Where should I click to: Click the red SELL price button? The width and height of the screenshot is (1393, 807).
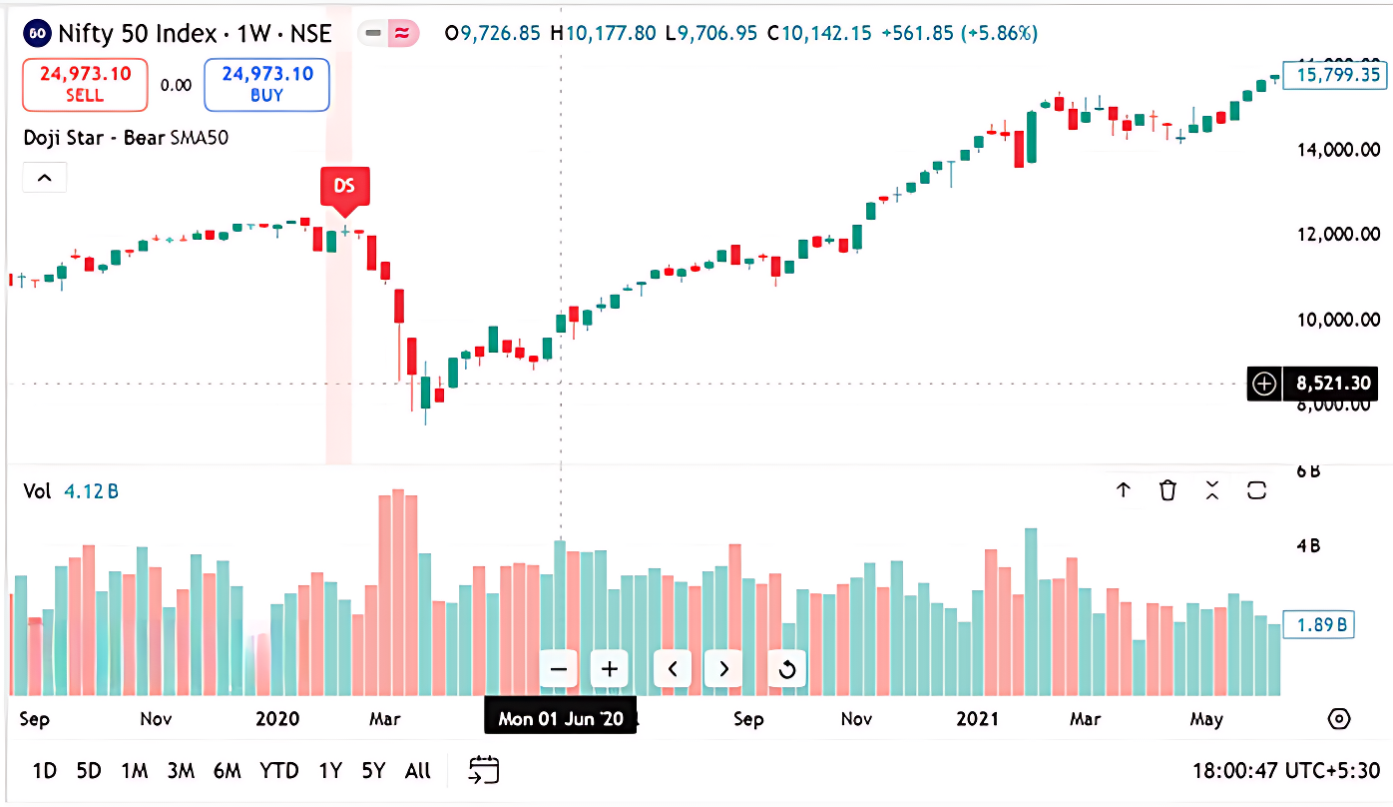point(85,84)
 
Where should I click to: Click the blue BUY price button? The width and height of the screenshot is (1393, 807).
point(266,84)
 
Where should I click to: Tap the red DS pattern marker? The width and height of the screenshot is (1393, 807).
point(344,187)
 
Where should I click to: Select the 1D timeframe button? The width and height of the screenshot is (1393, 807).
point(44,770)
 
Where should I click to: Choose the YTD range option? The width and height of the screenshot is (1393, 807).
point(279,770)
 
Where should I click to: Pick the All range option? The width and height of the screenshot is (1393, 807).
point(418,770)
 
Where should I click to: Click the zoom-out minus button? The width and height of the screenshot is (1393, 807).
point(559,669)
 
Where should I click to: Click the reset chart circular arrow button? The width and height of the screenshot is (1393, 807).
point(786,669)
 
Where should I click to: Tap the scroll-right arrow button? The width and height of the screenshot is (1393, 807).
point(724,669)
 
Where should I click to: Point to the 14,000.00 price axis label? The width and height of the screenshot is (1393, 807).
point(1338,150)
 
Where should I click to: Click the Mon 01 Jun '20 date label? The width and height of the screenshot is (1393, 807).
point(560,718)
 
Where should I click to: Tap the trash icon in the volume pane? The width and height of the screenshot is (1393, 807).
point(1167,490)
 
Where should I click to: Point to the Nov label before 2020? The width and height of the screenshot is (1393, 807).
point(157,719)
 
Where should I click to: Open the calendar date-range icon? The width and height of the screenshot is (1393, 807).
point(484,770)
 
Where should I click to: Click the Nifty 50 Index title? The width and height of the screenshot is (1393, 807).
point(137,34)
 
